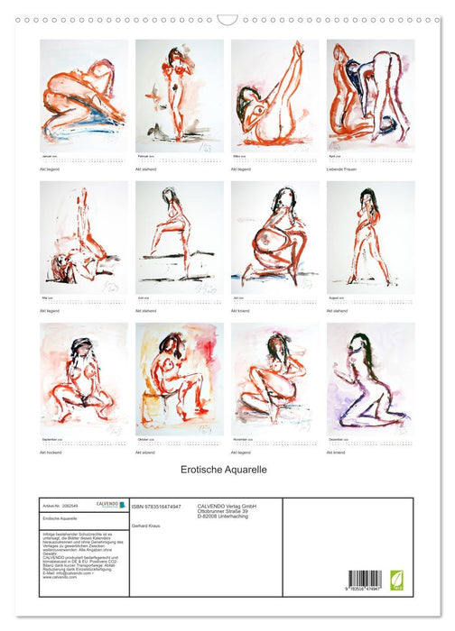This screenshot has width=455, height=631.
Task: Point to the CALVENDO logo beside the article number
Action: (109, 506)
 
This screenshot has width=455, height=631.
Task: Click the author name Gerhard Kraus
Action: (147, 524)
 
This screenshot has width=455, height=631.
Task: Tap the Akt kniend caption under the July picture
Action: (242, 310)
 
